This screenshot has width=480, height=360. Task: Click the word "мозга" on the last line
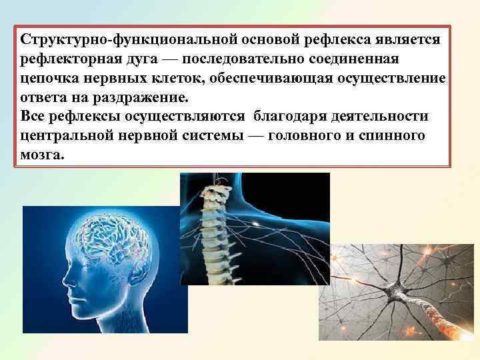coord(43,155)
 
